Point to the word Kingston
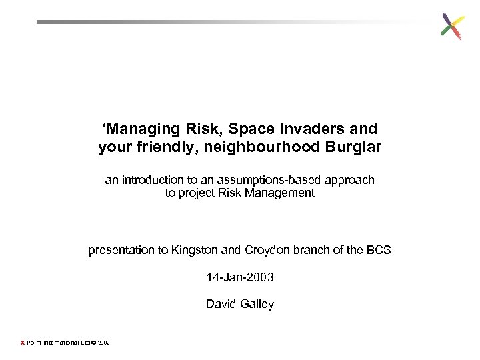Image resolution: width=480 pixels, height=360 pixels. point(194,251)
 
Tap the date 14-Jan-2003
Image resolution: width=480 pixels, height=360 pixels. point(240,277)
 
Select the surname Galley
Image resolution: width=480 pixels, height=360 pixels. point(257,304)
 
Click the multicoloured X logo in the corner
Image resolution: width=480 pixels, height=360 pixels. point(452,27)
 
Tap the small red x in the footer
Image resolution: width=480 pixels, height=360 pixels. point(22,343)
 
